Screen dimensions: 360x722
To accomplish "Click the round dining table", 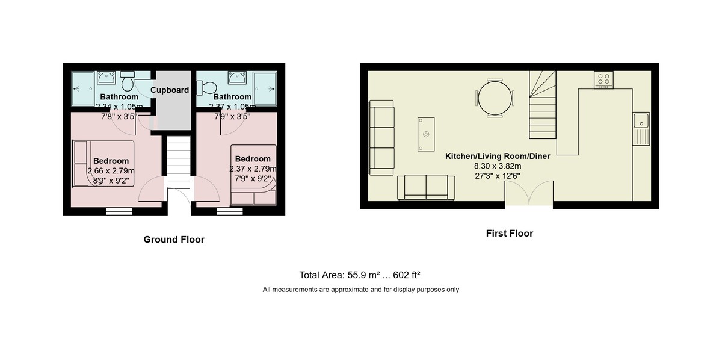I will pos(496,98).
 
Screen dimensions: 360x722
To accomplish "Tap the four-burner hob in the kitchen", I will pos(603,79).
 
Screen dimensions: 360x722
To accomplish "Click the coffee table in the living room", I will pos(425,134).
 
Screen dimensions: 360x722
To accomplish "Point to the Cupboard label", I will pos(170,90).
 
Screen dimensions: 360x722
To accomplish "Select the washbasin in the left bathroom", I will pos(106,77).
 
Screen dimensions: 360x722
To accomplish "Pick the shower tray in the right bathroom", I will pos(264,88).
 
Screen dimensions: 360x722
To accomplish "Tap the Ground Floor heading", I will pos(174,240).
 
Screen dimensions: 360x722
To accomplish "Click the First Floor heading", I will pos(509,234).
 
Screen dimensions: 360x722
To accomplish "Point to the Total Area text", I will pos(359,275).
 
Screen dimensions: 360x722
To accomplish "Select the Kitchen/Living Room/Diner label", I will pos(497,156).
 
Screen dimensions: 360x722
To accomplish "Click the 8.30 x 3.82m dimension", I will pos(497,166).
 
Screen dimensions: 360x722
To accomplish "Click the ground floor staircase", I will pos(178,163).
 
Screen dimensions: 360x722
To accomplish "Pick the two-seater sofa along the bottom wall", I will pos(426,187).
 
